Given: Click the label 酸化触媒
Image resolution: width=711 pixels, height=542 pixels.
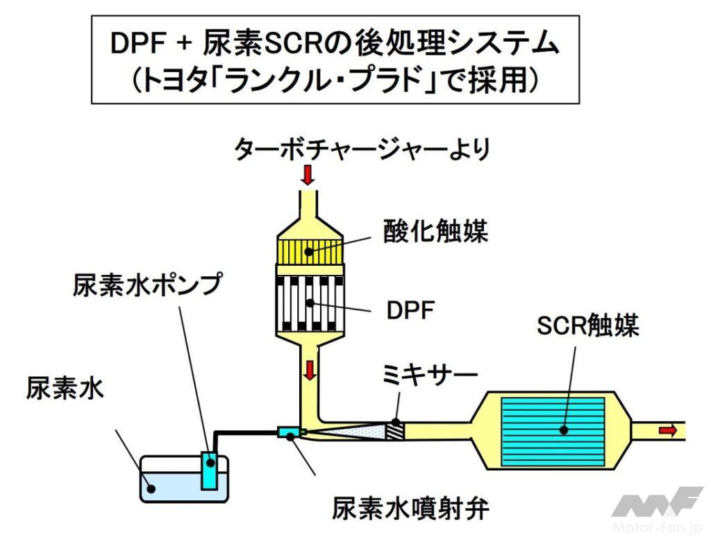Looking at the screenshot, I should [x=435, y=231].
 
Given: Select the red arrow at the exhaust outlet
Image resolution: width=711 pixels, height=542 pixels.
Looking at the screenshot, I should [x=667, y=430].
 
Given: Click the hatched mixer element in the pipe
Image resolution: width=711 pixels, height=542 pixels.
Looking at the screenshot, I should [x=396, y=430].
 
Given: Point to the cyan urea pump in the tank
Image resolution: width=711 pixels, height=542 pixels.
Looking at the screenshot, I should [x=209, y=470].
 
